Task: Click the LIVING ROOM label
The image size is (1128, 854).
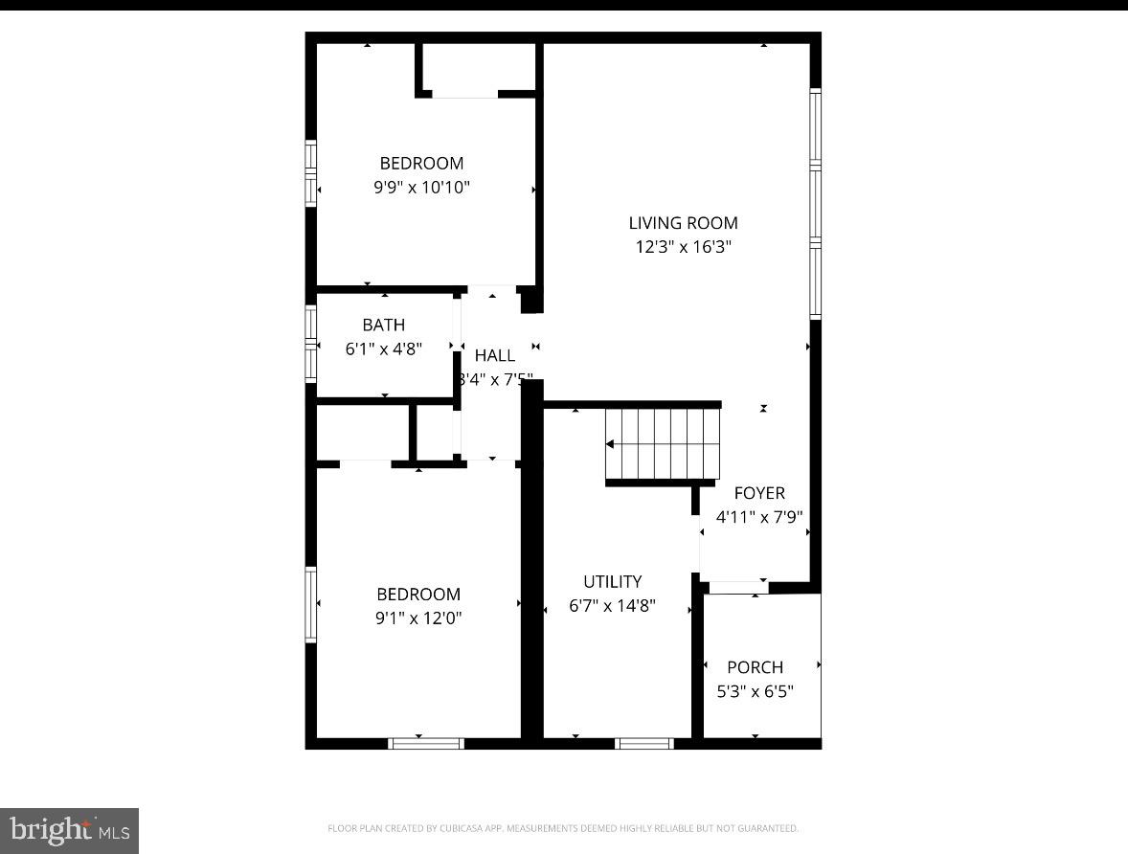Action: [x=683, y=223]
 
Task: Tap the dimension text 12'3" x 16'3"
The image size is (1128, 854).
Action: [x=683, y=247]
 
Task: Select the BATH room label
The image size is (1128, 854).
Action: [x=383, y=326]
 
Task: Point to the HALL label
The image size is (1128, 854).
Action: [x=494, y=355]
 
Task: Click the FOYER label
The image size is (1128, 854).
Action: [x=758, y=493]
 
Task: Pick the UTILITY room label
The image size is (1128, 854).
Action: [x=612, y=581]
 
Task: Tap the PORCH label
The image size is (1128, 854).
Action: [x=755, y=667]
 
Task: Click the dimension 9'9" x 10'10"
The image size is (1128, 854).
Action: [x=421, y=188]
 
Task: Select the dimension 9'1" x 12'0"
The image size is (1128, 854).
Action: [x=418, y=618]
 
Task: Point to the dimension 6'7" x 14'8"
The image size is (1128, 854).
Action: [x=612, y=605]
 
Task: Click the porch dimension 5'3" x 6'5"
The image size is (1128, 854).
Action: [x=755, y=691]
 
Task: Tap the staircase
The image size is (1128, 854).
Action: [x=664, y=444]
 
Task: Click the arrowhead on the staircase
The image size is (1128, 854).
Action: [x=610, y=444]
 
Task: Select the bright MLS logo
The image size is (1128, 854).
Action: [x=69, y=830]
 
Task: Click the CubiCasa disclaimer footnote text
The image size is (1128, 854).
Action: [x=563, y=828]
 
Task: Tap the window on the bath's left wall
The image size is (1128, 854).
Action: [x=311, y=343]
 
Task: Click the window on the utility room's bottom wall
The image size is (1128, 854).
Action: [x=643, y=743]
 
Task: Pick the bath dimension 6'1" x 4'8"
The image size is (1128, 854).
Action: [x=383, y=349]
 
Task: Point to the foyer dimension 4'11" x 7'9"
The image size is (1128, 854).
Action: [x=758, y=517]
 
